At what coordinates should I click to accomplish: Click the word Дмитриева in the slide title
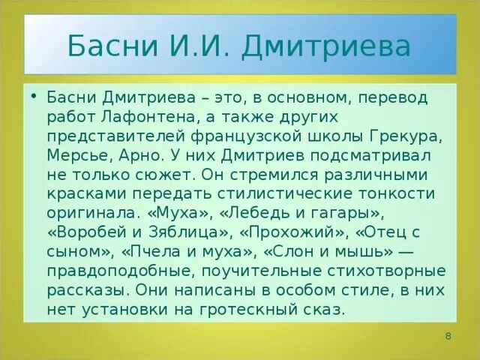pos(325,47)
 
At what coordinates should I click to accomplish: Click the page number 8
pos(448,335)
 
